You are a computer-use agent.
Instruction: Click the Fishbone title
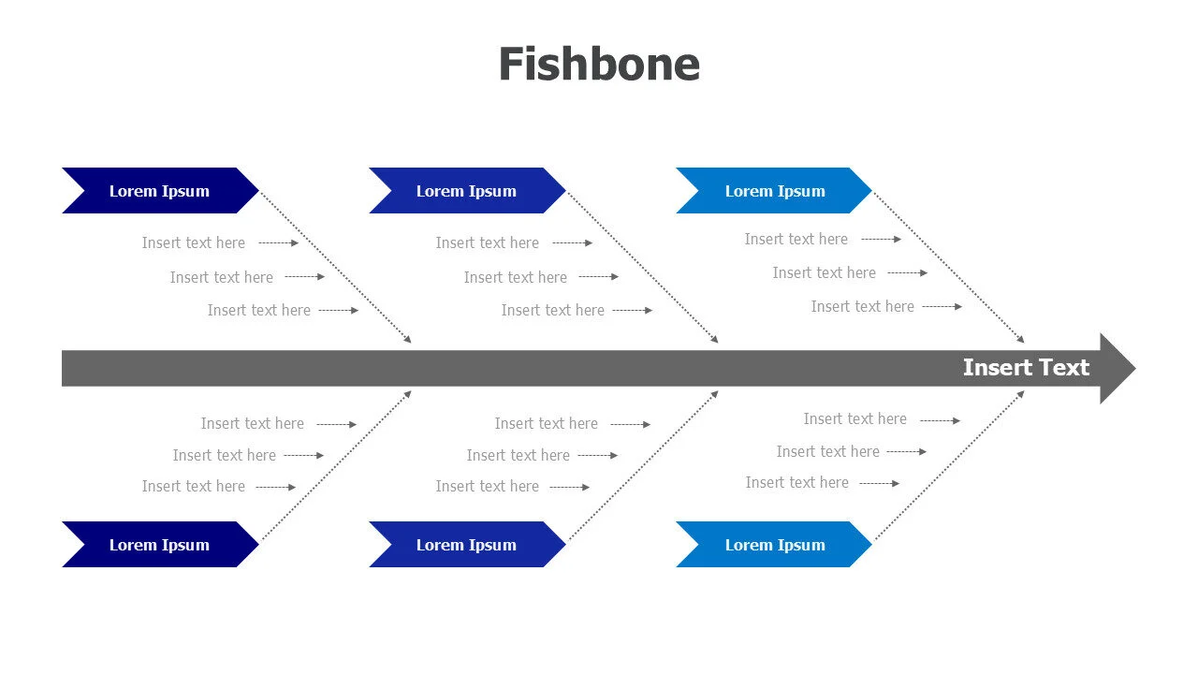tap(599, 65)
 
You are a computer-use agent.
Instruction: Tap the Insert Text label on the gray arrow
tap(1026, 368)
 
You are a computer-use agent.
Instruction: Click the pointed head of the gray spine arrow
tap(1118, 368)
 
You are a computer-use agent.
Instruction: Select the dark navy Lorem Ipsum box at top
tap(159, 191)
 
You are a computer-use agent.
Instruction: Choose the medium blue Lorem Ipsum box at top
tap(466, 191)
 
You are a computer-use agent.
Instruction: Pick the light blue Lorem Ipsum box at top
tap(774, 191)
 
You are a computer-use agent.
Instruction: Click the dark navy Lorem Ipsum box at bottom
tap(159, 545)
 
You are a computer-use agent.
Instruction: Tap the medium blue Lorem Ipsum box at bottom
tap(466, 545)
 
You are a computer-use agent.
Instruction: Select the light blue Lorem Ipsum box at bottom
tap(774, 545)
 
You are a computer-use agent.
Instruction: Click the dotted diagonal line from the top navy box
tap(335, 267)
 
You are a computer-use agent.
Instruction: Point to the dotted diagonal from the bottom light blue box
tap(949, 466)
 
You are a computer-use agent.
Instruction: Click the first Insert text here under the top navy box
tap(194, 243)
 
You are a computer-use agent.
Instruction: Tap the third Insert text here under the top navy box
tap(259, 311)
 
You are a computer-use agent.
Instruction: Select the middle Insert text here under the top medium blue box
tap(516, 278)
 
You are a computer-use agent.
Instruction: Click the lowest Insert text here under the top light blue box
tap(862, 307)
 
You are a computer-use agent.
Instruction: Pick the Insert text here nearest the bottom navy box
tap(194, 487)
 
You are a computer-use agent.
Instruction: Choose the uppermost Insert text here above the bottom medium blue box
tap(547, 424)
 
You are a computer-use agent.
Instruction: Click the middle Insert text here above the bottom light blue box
tap(827, 452)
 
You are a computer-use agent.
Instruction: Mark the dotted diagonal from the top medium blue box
tap(642, 267)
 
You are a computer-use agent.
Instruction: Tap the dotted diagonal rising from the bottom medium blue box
tap(642, 466)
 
